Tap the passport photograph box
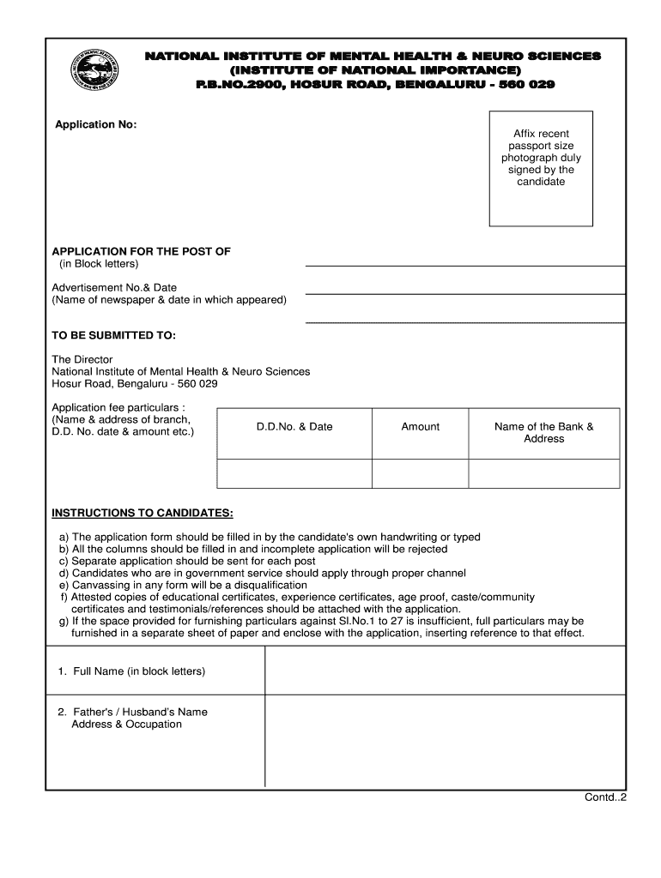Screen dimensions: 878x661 (541, 168)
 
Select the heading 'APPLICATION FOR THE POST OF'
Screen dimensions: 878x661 (142, 251)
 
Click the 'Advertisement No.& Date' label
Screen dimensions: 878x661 (114, 287)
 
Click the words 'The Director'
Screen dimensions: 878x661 (82, 359)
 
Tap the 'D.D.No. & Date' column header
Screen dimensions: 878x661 (294, 426)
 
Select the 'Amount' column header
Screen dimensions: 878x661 (420, 426)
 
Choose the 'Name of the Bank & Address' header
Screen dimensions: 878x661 (543, 432)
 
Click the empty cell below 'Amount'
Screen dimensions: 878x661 (420, 473)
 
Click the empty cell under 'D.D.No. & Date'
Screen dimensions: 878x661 (294, 473)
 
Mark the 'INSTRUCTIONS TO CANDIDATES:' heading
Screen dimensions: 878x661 (143, 513)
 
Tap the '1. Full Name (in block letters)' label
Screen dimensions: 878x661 (131, 671)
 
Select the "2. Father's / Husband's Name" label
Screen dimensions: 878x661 (132, 712)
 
